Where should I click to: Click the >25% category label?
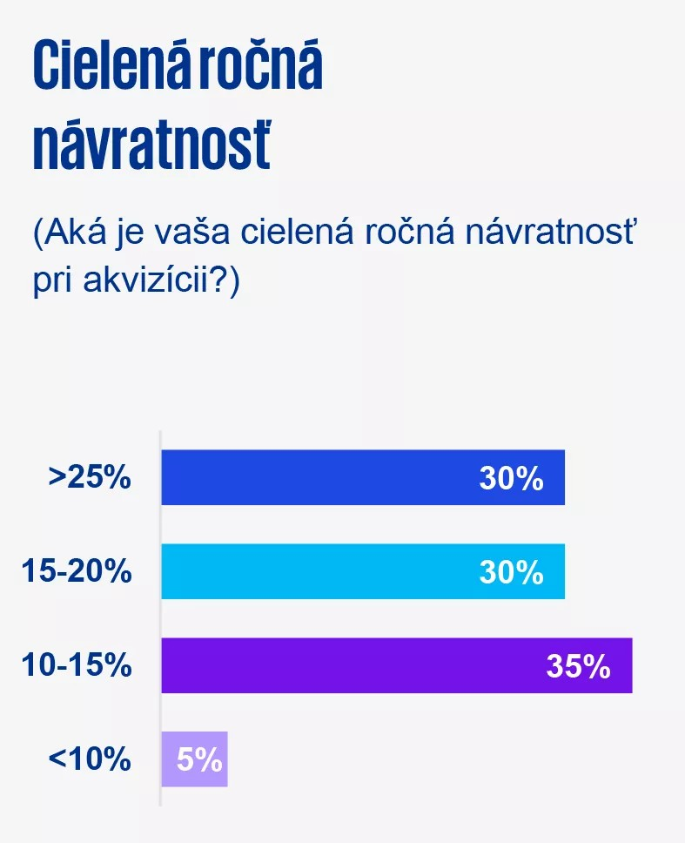pos(90,477)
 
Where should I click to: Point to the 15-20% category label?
pos(77,571)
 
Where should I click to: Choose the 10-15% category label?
pos(77,665)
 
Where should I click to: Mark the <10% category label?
pos(90,759)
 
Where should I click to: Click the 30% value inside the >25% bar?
pos(511,477)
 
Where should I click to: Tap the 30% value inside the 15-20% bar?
pos(511,571)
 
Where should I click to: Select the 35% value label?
pos(578,665)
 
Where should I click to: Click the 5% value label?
pos(200,759)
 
